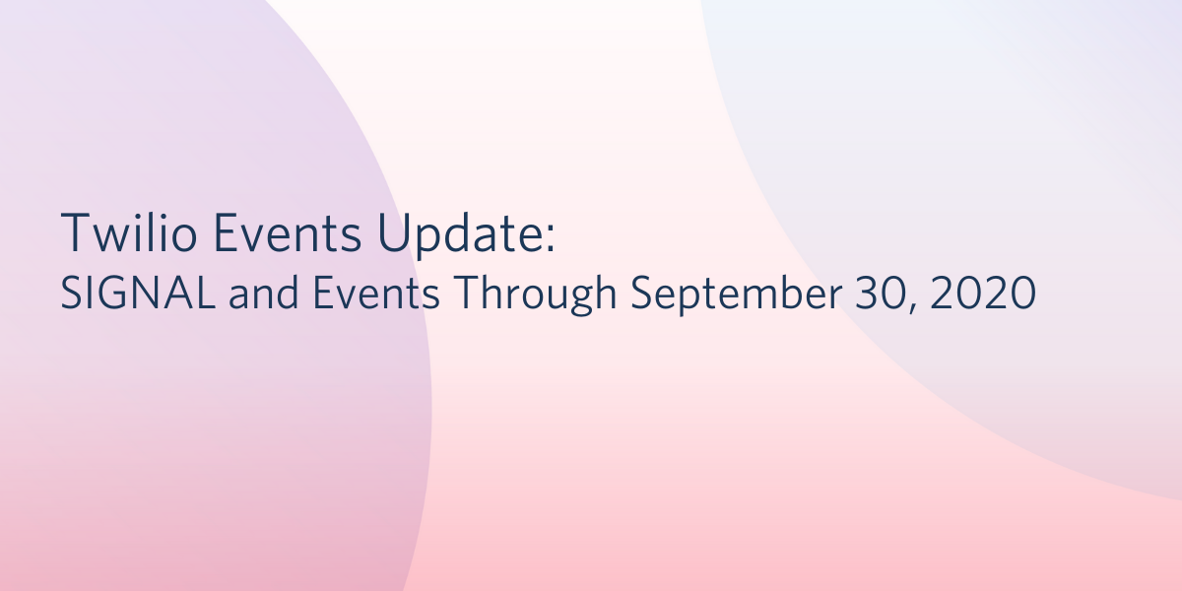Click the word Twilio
[129, 232]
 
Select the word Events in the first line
[288, 232]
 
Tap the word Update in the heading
[457, 235]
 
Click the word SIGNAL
[138, 293]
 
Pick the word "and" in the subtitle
[264, 292]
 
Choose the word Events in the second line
[376, 293]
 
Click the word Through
[536, 295]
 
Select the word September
[736, 295]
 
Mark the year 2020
[983, 293]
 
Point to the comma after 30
[913, 307]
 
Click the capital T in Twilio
[78, 232]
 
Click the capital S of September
[642, 293]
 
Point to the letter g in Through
[581, 298]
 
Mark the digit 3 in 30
[867, 293]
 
